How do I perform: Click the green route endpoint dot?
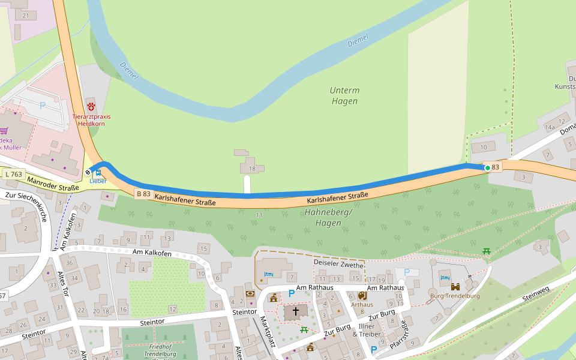pyautogui.click(x=487, y=168)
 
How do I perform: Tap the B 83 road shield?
pyautogui.click(x=143, y=194)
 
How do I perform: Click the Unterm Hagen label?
pyautogui.click(x=344, y=96)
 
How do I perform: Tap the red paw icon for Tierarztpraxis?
pyautogui.click(x=91, y=106)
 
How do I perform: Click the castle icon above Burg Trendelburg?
pyautogui.click(x=455, y=286)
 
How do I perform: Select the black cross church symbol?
pyautogui.click(x=295, y=311)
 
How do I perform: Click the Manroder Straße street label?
pyautogui.click(x=53, y=184)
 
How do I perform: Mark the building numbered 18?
pyautogui.click(x=253, y=169)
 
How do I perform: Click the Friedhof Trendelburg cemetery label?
pyautogui.click(x=142, y=350)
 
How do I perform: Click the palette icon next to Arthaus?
pyautogui.click(x=362, y=295)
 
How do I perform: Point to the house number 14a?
pyautogui.click(x=550, y=127)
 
